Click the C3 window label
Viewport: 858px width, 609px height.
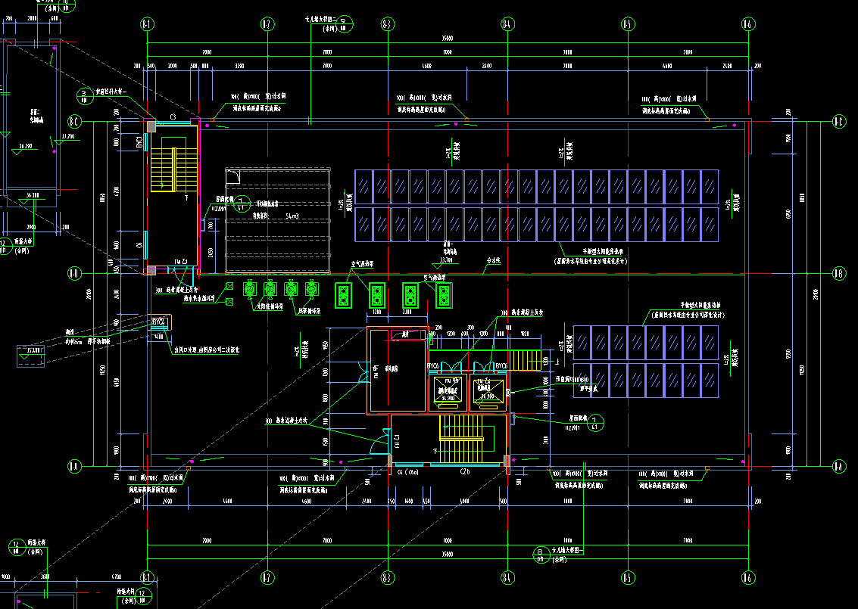[x=173, y=117]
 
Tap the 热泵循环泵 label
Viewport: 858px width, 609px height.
[x=307, y=311]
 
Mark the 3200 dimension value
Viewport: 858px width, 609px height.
[x=240, y=67]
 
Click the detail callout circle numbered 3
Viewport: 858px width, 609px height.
[x=84, y=96]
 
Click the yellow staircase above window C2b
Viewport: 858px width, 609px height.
[x=463, y=439]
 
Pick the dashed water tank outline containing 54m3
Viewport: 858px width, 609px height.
[x=277, y=221]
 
